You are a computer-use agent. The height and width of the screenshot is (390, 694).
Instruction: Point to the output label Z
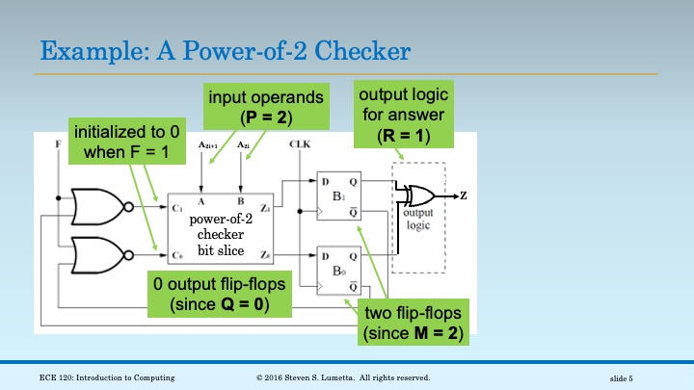[464, 196]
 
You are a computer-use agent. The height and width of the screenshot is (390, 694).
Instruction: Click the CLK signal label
[298, 143]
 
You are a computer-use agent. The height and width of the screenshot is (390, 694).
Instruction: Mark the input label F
[59, 143]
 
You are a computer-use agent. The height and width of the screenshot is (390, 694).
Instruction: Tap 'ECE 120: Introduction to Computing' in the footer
[107, 377]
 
